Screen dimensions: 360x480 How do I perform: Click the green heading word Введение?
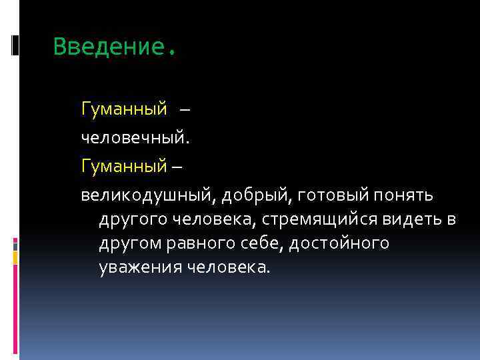click(109, 47)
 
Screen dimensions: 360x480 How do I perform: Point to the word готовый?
click(325, 196)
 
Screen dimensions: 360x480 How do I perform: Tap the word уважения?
click(136, 268)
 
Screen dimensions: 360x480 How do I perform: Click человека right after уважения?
click(225, 268)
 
